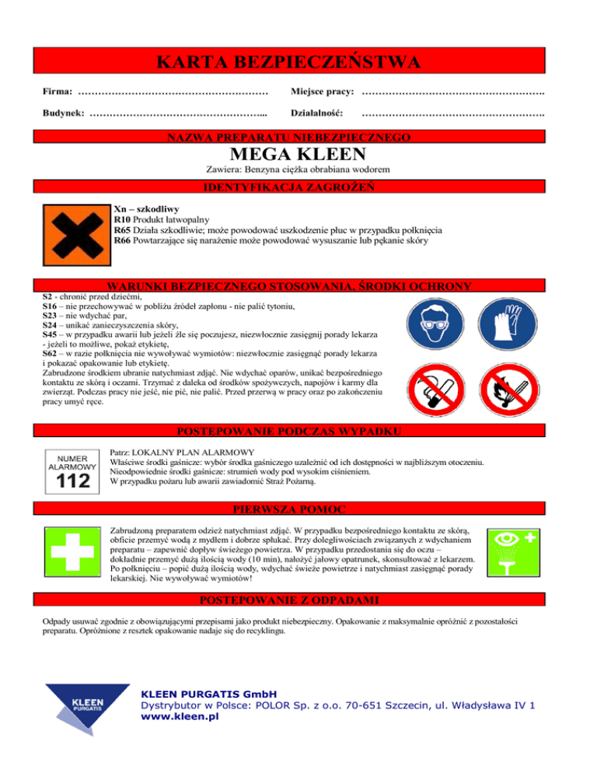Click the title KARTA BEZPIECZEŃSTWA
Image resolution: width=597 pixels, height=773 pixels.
tap(298, 61)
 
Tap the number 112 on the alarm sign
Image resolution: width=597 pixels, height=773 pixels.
tap(73, 482)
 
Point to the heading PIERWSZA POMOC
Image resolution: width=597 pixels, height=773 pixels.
tap(298, 510)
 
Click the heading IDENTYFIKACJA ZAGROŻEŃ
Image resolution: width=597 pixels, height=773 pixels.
tap(298, 187)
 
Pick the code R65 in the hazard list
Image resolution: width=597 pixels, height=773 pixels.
tap(121, 230)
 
